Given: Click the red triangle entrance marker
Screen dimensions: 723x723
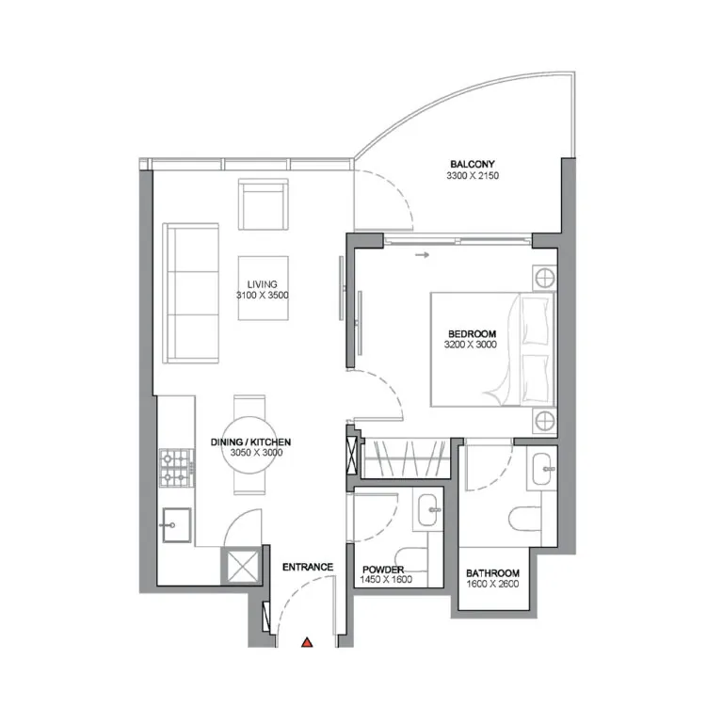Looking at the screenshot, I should click(307, 643).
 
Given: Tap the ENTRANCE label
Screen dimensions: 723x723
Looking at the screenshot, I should click(308, 567).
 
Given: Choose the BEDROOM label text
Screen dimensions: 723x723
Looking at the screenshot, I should click(472, 334).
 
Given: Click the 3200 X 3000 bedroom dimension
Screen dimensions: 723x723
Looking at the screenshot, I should click(472, 345).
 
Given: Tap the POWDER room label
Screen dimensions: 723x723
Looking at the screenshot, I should click(383, 570).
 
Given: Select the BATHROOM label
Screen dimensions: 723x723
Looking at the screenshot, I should click(492, 572).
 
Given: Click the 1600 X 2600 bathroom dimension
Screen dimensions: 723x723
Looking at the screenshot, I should click(492, 584).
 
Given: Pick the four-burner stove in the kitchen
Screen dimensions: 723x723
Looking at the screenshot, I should click(175, 469).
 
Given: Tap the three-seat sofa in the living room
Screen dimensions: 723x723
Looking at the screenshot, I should click(190, 293).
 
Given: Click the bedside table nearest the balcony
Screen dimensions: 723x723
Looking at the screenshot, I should click(543, 278).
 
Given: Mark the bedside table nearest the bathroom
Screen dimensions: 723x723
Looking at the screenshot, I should click(543, 421).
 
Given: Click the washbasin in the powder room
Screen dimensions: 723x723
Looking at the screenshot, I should click(428, 509).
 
